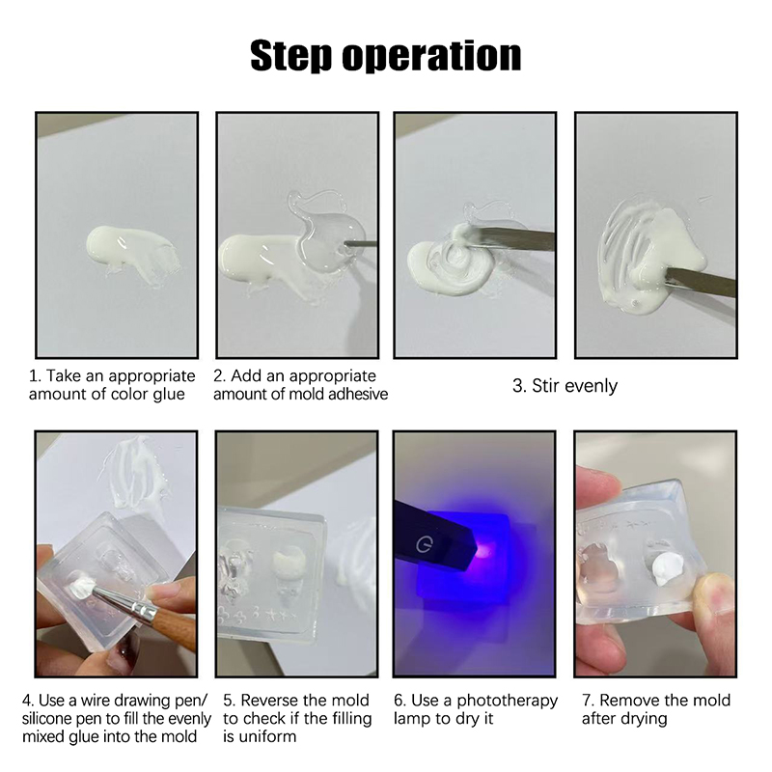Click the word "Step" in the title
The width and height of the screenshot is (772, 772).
coord(290,57)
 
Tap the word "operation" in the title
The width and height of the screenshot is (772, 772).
coord(431,57)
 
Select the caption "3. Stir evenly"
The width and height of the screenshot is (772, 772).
coord(565,385)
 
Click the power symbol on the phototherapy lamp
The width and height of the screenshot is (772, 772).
coord(424,544)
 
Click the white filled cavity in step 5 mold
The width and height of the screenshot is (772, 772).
coord(289,561)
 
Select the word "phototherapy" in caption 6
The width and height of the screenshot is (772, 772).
coord(508,701)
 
